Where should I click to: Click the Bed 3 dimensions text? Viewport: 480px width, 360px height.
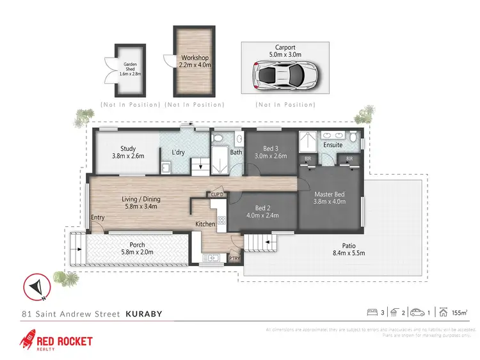pyautogui.click(x=271, y=155)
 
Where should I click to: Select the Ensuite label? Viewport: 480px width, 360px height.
pyautogui.click(x=333, y=145)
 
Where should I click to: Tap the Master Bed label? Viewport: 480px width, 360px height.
pyautogui.click(x=330, y=195)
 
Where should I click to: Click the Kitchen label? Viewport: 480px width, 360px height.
pyautogui.click(x=205, y=224)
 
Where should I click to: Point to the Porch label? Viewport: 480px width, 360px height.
pyautogui.click(x=137, y=245)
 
